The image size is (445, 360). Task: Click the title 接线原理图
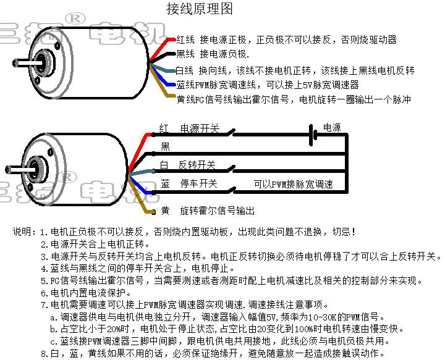point(200,9)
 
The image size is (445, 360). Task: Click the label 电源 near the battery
point(332,128)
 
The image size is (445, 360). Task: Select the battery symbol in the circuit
point(313,135)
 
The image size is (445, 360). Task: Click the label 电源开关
point(200,128)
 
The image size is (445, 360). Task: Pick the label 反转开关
point(197,165)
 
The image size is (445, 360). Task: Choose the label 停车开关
point(198,183)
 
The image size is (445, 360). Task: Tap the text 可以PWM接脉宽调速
point(294,184)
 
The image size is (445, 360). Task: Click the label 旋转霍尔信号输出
point(217,211)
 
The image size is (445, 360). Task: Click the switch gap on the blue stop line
point(232,190)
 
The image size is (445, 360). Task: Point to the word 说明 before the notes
point(22,232)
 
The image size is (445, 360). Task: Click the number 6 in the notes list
point(43,293)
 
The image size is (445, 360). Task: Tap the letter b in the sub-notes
point(53,329)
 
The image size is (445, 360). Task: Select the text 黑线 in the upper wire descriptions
point(185,54)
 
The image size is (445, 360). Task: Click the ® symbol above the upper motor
point(75,19)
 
